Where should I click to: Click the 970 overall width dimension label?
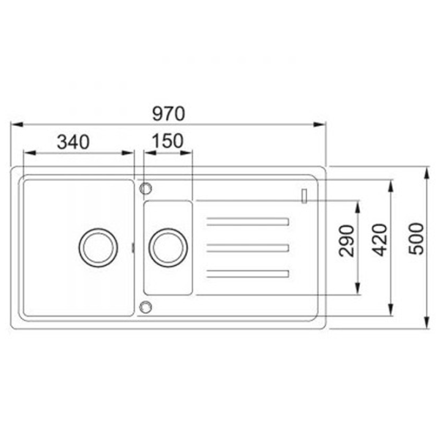tap(168, 113)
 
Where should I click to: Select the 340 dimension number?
tap(73, 142)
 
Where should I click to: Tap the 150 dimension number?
tap(168, 140)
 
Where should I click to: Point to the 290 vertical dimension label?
tap(347, 241)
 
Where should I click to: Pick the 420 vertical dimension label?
tap(380, 240)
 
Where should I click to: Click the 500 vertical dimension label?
tap(416, 239)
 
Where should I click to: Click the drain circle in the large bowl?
tap(98, 247)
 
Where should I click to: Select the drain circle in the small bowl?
tap(168, 247)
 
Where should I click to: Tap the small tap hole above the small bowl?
tap(146, 189)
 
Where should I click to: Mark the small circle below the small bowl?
tap(146, 307)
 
